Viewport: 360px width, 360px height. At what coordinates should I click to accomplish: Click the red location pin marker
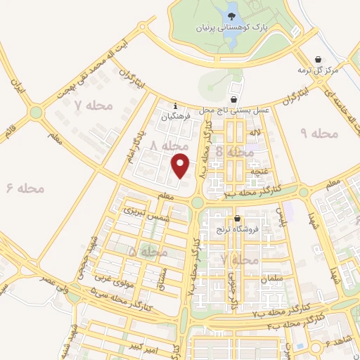point(181,165)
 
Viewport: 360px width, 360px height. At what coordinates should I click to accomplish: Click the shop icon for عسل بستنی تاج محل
point(233,101)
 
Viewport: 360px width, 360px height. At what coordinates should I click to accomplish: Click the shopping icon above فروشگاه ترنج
point(238,218)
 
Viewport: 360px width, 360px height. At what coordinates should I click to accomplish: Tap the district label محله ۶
point(25,188)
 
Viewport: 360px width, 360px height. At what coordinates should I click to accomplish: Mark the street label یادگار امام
point(136,146)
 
